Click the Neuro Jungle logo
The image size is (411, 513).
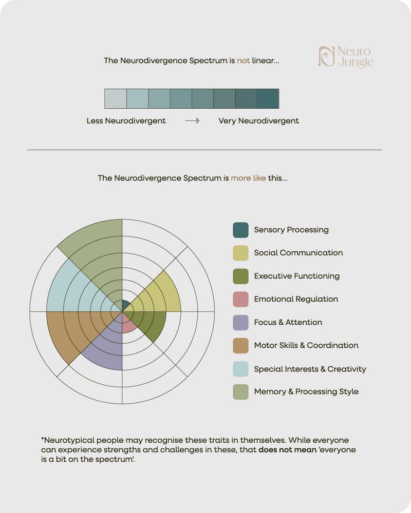click(x=345, y=57)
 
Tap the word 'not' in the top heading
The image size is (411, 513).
click(x=243, y=61)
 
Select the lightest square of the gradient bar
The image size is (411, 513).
click(x=115, y=98)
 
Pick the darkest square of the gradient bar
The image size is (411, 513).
click(x=268, y=98)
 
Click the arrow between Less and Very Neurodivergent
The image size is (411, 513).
click(x=192, y=121)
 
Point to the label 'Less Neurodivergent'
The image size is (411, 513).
click(x=126, y=121)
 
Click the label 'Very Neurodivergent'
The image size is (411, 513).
click(x=258, y=121)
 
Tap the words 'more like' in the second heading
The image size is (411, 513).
click(x=248, y=179)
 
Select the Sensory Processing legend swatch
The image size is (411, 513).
click(x=240, y=230)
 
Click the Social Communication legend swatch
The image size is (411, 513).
click(x=240, y=253)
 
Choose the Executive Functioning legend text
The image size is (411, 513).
click(x=296, y=276)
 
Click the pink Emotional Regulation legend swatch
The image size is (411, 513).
click(x=240, y=299)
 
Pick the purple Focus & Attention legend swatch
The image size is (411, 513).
click(x=240, y=322)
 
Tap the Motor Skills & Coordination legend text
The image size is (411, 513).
click(x=306, y=345)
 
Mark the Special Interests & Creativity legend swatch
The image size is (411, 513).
click(x=240, y=369)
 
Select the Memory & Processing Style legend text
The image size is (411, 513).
click(x=306, y=392)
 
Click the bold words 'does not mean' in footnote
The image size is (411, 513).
click(x=283, y=449)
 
